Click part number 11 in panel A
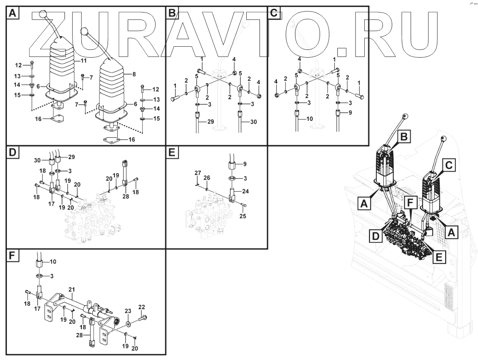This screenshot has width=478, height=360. [84, 61]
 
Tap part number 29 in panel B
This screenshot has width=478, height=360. [211, 121]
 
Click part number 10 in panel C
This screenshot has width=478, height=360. [310, 119]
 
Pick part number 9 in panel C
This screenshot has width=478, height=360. [351, 113]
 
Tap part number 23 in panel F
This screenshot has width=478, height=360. [128, 311]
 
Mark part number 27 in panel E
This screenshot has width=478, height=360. [197, 173]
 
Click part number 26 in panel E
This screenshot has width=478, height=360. [206, 178]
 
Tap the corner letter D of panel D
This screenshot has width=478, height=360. [12, 153]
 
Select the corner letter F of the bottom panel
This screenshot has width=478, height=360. [12, 256]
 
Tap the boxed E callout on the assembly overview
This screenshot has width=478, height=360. [439, 256]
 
